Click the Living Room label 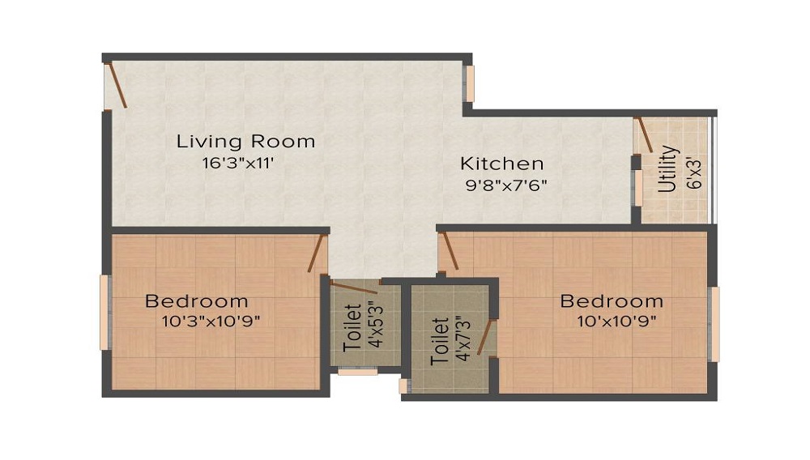tap(245, 142)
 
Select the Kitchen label tap(501, 163)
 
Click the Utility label tap(667, 168)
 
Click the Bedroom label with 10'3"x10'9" tap(196, 301)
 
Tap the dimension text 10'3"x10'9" tap(211, 321)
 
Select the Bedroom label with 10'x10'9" tap(612, 301)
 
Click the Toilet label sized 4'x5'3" tap(351, 326)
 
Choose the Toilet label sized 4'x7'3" tap(441, 340)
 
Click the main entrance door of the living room tap(117, 85)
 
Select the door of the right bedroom tap(449, 252)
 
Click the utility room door tap(645, 134)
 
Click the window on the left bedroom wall tap(104, 313)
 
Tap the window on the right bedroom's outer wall tap(714, 324)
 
